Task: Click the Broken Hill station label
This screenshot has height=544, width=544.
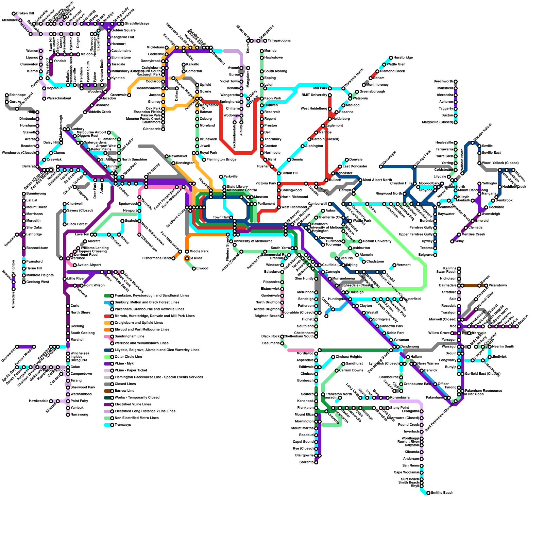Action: pos(25,14)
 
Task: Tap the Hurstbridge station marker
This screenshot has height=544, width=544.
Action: pos(391,58)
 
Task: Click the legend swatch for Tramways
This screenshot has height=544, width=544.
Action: pos(107,425)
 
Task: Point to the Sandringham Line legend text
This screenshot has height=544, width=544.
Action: pos(129,337)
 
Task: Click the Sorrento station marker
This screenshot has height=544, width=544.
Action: pos(316,462)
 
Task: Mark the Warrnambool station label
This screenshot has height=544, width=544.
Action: pos(81,394)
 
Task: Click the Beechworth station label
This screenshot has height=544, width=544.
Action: pos(443,82)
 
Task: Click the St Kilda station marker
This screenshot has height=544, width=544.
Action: pos(187,258)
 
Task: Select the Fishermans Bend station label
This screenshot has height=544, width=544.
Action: pos(156,258)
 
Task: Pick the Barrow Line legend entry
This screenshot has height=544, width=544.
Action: pos(124,391)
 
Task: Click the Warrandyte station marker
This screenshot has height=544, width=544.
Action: pos(381,167)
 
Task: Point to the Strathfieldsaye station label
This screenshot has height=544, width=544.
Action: pos(137,24)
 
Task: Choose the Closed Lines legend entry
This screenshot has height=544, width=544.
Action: pos(125,384)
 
